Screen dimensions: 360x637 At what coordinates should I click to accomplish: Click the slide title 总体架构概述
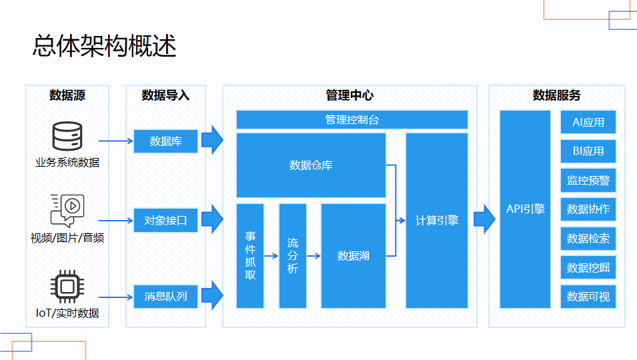[x=104, y=46]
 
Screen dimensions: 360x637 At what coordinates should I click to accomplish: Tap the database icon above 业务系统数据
[x=67, y=135]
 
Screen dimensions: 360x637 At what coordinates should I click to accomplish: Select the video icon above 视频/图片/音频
[x=67, y=209]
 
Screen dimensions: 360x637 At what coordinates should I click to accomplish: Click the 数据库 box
[x=165, y=141]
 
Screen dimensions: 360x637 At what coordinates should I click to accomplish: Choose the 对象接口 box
[x=165, y=220]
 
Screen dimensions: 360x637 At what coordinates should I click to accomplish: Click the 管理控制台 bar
[x=352, y=120]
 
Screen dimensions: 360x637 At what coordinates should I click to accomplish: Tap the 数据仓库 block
[x=311, y=165]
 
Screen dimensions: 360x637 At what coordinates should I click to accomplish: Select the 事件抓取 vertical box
[x=250, y=255]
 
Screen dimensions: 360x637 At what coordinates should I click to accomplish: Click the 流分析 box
[x=293, y=255]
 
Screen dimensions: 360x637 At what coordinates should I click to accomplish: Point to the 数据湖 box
[x=354, y=255]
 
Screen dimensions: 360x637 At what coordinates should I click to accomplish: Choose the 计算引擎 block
[x=437, y=220]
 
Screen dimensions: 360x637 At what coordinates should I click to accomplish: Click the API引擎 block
[x=525, y=209]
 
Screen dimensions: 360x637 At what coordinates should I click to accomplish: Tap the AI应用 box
[x=588, y=122]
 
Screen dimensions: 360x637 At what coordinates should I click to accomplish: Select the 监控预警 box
[x=588, y=180]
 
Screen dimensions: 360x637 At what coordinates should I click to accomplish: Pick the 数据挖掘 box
[x=588, y=267]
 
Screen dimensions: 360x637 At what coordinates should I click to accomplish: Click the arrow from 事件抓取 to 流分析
[x=271, y=255]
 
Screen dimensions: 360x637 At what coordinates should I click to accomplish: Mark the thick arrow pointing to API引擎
[x=484, y=219]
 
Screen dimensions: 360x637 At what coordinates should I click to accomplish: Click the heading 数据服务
[x=556, y=95]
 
